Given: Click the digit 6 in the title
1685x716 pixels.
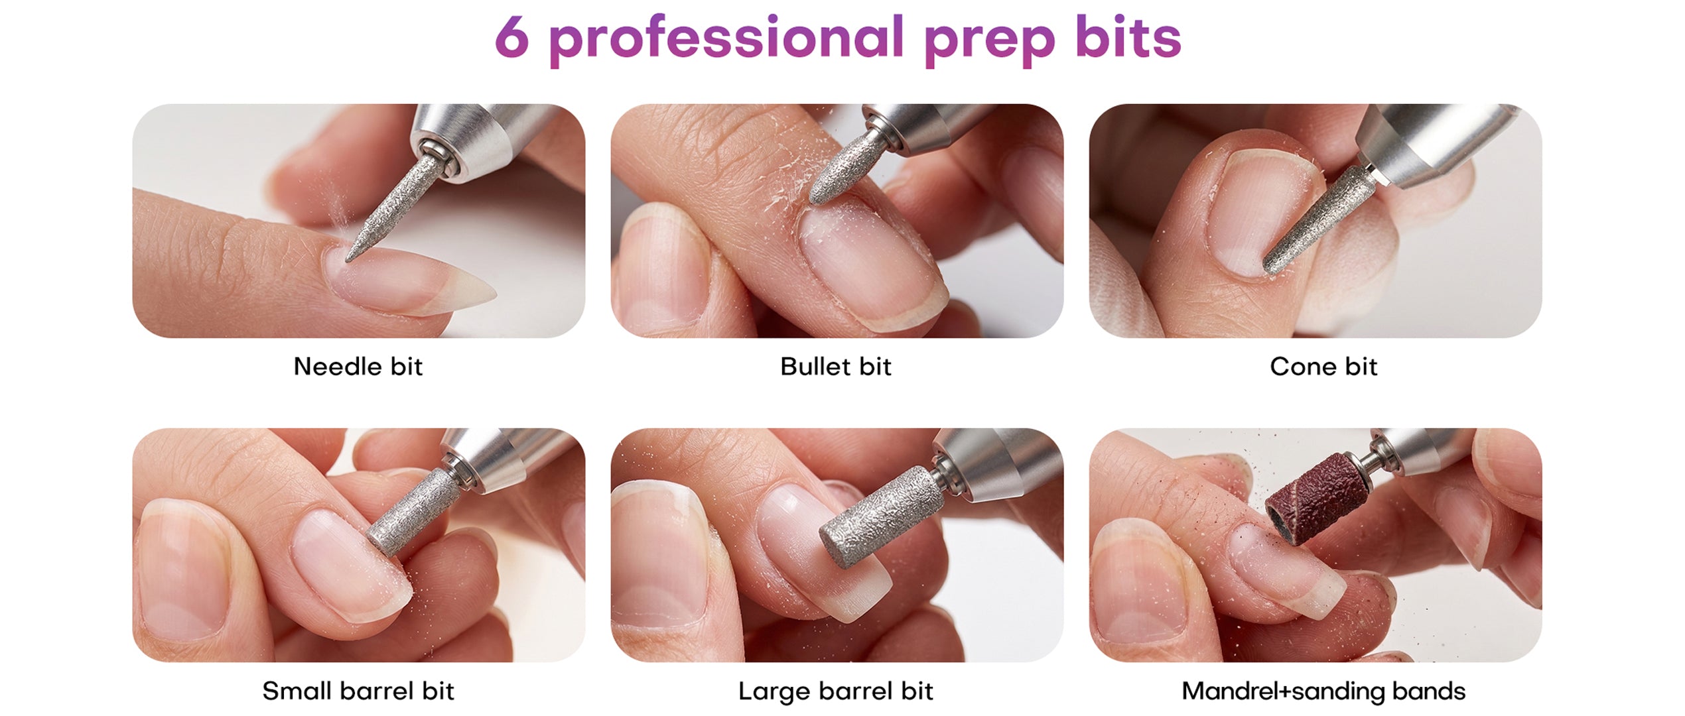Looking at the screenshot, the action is tap(512, 37).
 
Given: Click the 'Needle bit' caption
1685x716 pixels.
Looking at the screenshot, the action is tap(358, 367).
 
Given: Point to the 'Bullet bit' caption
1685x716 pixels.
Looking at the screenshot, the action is tap(836, 367).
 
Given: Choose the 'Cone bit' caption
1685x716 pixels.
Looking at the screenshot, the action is tap(1323, 367).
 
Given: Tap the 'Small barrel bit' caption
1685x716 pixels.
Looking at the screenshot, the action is tap(358, 691).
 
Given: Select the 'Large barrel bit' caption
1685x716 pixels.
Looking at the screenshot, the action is tap(836, 691).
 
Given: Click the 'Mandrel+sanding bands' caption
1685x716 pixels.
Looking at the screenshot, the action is tap(1323, 691).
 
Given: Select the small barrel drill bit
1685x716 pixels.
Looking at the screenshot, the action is tap(413, 512).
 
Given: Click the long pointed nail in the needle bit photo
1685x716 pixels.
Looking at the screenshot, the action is tap(411, 282).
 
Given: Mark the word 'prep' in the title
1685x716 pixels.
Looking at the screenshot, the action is tap(989, 41).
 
